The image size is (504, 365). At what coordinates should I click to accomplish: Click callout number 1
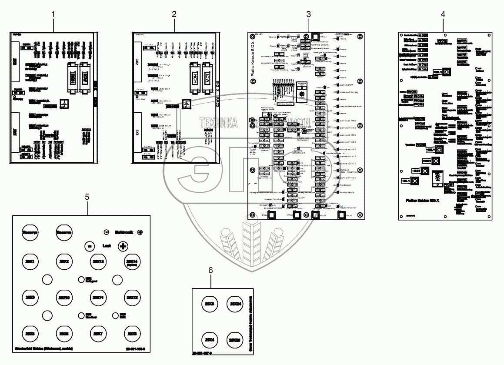(x=53, y=14)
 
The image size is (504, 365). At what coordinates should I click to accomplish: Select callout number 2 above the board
(x=174, y=14)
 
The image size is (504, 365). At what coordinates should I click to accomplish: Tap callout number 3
(x=308, y=14)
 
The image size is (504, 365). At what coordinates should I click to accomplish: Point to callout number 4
(x=443, y=14)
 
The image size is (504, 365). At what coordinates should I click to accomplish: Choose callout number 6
(x=211, y=270)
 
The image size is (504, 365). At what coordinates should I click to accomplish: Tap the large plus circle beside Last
(x=123, y=246)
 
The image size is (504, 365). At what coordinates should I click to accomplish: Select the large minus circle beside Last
(x=88, y=246)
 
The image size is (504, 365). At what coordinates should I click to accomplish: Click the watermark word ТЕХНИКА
(x=219, y=123)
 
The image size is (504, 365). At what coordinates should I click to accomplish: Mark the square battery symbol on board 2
(x=186, y=104)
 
